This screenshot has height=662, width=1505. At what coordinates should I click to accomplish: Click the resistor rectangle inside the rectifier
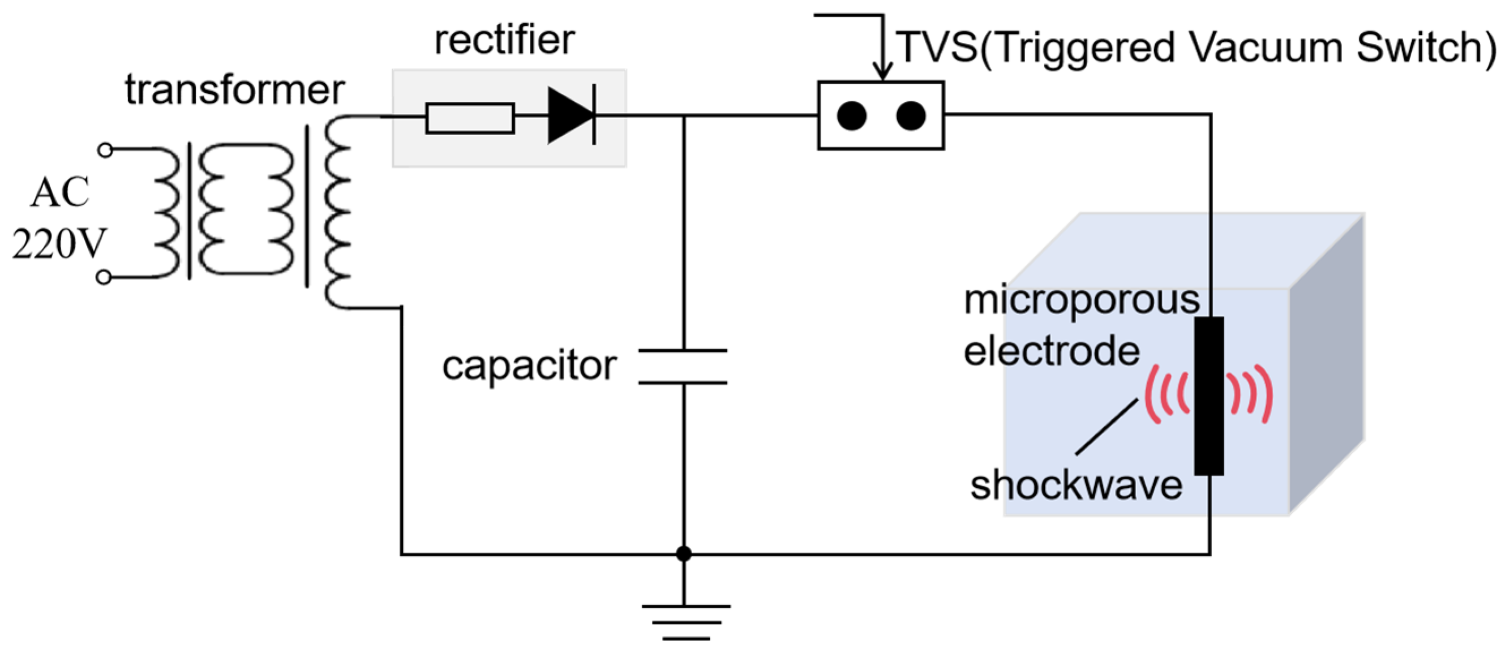coord(470,118)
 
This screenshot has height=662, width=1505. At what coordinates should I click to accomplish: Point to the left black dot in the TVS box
coord(851,115)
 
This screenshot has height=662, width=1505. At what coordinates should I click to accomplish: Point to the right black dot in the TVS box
coord(910,115)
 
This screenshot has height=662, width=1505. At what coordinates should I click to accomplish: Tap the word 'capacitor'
coord(529,366)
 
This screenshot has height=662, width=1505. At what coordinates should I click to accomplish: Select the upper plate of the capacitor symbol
coord(683,351)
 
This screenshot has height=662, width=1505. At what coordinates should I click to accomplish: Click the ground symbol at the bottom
coord(685,622)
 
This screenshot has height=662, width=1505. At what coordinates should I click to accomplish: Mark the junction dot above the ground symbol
coord(684,553)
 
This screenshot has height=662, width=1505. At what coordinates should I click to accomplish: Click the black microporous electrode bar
coord(1208,396)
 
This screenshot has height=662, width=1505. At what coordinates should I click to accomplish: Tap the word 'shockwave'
coord(1076,485)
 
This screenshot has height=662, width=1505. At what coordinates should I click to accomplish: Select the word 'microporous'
coord(1082,300)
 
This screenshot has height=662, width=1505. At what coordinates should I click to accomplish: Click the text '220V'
coord(58,244)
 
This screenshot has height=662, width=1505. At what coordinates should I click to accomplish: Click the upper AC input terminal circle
coord(105,150)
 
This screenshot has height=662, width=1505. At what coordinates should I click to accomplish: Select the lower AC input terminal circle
coord(104,277)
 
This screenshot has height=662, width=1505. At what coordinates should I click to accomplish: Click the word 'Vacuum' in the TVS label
coord(1266,48)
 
